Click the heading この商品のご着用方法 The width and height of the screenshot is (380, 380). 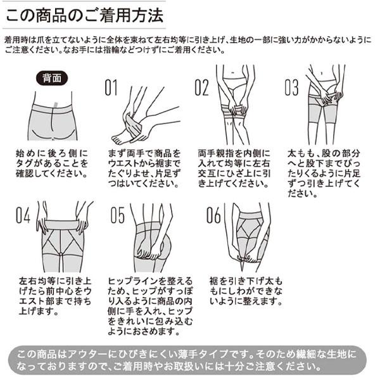tap(84, 15)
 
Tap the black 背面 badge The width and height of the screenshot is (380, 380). tap(52, 78)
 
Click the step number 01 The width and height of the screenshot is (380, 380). tap(111, 87)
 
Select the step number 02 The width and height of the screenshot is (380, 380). tap(201, 87)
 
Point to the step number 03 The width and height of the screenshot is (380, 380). tap(291, 87)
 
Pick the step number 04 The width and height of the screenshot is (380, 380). tap(23, 215)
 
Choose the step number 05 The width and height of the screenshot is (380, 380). tap(118, 215)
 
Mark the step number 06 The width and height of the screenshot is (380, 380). tap(213, 215)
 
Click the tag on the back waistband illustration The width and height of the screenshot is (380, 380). tap(56, 106)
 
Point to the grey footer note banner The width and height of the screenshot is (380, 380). tap(187, 360)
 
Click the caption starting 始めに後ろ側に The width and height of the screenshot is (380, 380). tap(52, 163)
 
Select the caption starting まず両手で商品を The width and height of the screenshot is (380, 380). tap(144, 168)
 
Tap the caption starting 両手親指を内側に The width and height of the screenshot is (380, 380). tap(234, 168)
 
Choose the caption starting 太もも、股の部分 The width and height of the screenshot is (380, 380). tap(324, 174)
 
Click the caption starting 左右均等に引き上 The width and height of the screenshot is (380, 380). tap(55, 296)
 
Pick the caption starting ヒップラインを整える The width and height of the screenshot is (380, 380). tap(150, 306)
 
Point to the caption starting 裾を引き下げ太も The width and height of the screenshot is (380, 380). tap(246, 291)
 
